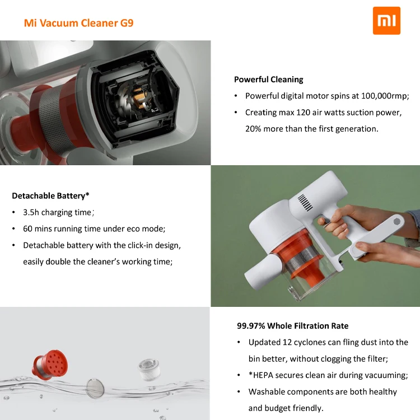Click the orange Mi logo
click(x=386, y=21)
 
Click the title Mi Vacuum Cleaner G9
click(x=78, y=23)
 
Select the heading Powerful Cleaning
click(x=268, y=80)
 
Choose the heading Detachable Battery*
click(x=50, y=196)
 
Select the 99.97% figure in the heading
click(x=251, y=326)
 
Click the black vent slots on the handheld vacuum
click(x=304, y=201)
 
